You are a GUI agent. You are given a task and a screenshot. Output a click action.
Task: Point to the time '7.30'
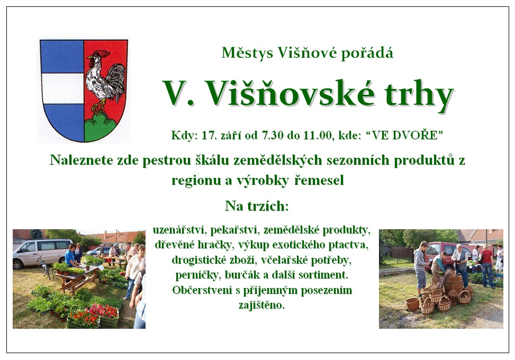click(x=272, y=136)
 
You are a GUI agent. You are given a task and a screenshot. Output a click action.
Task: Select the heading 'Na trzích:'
click(x=257, y=206)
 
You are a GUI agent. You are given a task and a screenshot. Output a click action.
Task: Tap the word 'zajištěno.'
click(x=261, y=305)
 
